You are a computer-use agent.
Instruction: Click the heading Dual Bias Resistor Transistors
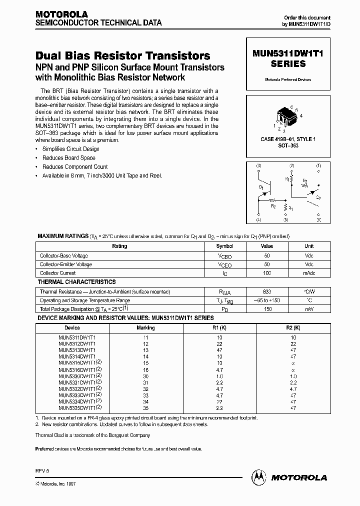pyautogui.click(x=123, y=56)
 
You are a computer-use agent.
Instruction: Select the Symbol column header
pyautogui.click(x=224, y=246)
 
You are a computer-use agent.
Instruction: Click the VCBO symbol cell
pyautogui.click(x=224, y=255)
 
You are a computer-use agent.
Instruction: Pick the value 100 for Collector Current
pyautogui.click(x=266, y=273)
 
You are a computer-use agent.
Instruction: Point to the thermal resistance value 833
pyautogui.click(x=266, y=291)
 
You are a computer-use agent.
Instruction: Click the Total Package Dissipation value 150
pyautogui.click(x=266, y=309)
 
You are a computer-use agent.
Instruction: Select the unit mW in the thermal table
pyautogui.click(x=309, y=309)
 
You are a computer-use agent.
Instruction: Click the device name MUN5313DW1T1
pyautogui.click(x=77, y=350)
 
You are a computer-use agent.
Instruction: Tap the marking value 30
pyautogui.click(x=145, y=376)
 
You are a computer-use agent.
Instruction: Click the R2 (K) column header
pyautogui.click(x=293, y=328)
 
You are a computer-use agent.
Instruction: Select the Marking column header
pyautogui.click(x=145, y=328)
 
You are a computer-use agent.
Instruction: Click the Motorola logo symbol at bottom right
pyautogui.click(x=259, y=477)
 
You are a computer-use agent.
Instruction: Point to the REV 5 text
pyautogui.click(x=42, y=470)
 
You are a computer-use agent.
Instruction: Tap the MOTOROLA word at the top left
pyautogui.click(x=61, y=14)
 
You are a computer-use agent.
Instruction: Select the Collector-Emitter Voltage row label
pyautogui.click(x=66, y=264)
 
